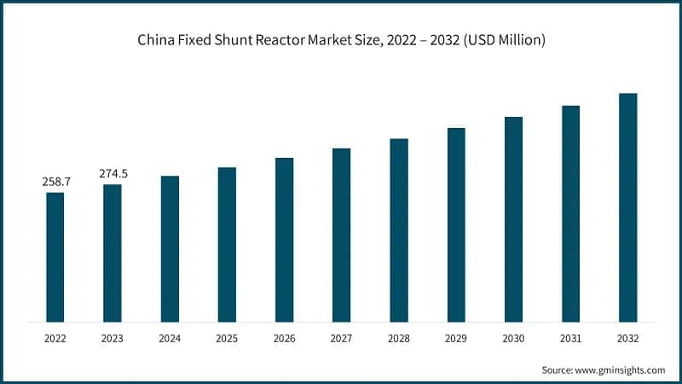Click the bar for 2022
[55, 257]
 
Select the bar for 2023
[113, 253]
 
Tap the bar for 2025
[227, 244]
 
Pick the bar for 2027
[341, 235]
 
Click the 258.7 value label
[55, 182]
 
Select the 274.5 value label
[113, 173]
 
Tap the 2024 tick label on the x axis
[170, 338]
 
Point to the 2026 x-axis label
[284, 338]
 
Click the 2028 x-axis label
[398, 338]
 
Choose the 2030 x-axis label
[513, 338]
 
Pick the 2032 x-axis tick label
[627, 338]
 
